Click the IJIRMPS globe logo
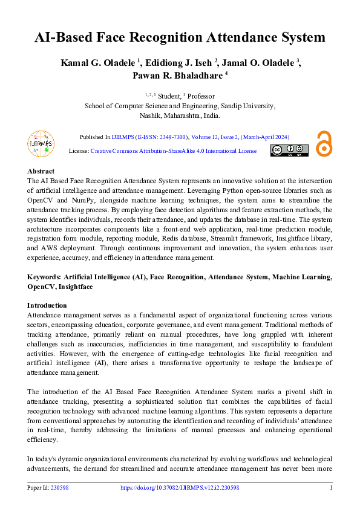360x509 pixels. coord(41,144)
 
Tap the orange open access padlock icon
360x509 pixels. coord(324,144)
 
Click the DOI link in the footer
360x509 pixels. coord(180,488)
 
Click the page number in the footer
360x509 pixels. coord(330,488)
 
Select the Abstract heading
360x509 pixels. coord(41,172)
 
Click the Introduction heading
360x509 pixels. coord(47,305)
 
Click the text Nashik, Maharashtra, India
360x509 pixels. coord(180,115)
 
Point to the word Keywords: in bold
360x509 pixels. coord(44,277)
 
